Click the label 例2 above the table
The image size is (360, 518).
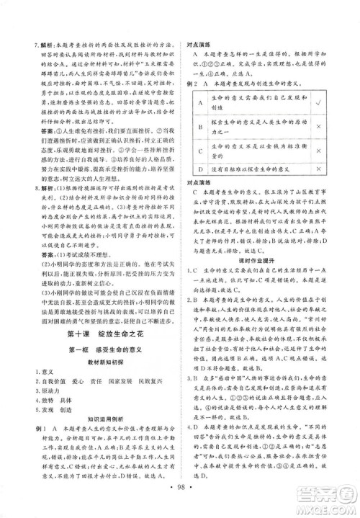pos(192,83)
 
